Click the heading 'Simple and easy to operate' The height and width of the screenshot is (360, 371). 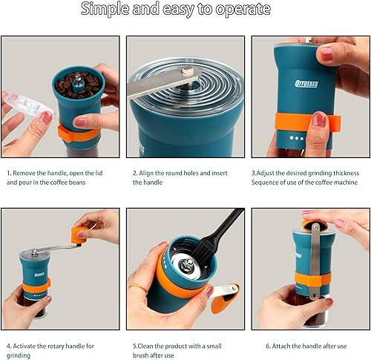[x=176, y=10]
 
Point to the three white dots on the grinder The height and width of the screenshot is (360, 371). [x=297, y=138]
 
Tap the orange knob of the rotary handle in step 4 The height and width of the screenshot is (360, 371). [x=79, y=233]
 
